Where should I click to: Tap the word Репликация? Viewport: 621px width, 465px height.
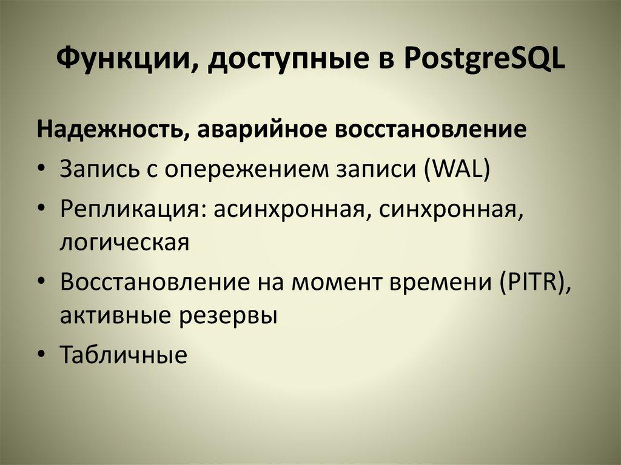click(125, 209)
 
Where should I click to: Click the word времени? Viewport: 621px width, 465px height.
click(438, 283)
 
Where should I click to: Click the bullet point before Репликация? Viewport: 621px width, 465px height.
click(40, 209)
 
